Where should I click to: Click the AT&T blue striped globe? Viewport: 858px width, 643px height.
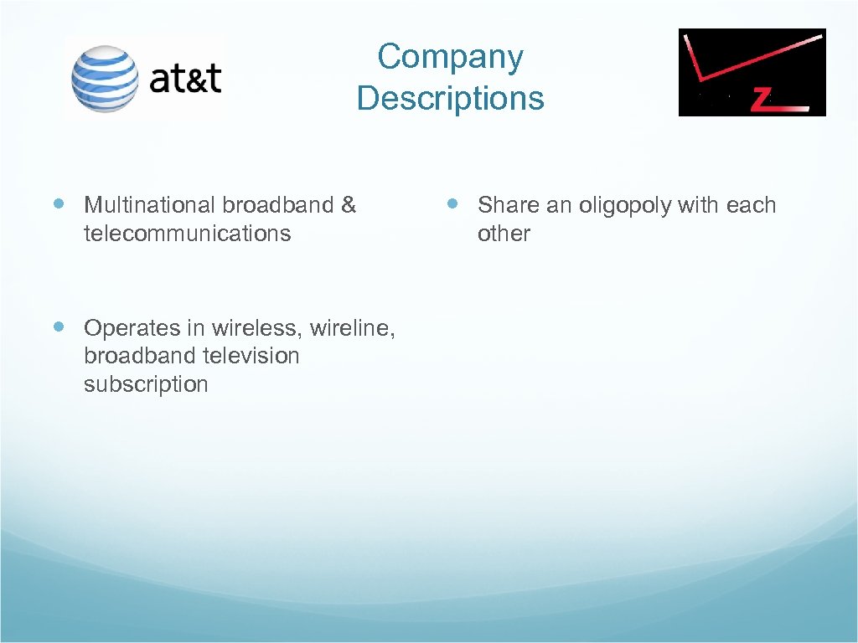(105, 79)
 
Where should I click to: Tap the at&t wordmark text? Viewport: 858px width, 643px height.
(185, 78)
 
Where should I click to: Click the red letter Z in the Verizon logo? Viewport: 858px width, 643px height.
(761, 100)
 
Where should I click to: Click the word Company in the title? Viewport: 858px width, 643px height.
(450, 57)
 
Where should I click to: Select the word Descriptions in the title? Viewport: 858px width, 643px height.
(450, 98)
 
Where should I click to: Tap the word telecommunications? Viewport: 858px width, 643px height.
(187, 234)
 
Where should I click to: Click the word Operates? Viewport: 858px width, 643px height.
(121, 327)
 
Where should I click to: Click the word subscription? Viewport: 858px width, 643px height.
(145, 384)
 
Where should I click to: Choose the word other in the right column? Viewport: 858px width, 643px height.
(503, 234)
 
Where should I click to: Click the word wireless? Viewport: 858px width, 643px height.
(258, 327)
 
